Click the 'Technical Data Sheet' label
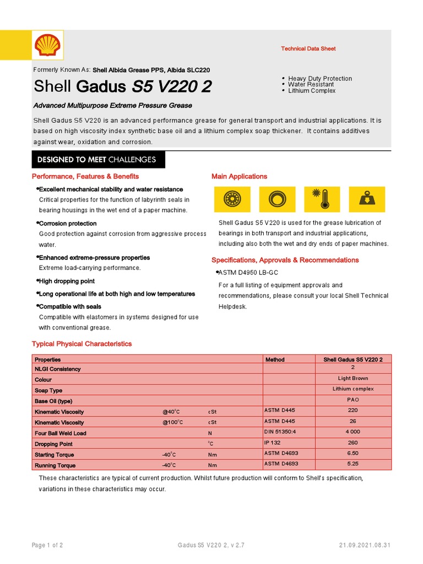308,49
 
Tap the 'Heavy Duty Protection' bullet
319,79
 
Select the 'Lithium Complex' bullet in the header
312,91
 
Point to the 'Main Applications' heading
239,176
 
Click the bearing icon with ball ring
232,199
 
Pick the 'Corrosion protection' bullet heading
67,224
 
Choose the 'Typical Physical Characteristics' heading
82,344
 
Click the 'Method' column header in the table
275,360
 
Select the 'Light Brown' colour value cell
353,379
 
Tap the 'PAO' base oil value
353,400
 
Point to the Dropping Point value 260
353,443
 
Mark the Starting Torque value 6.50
353,453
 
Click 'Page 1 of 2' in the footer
47,545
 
